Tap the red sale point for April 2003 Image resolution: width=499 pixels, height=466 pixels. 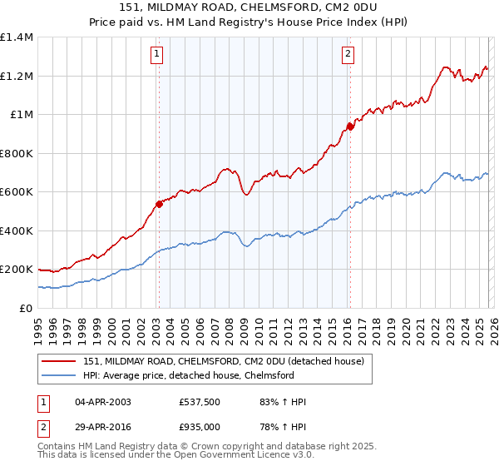(x=158, y=203)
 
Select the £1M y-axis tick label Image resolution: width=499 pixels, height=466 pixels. (x=21, y=115)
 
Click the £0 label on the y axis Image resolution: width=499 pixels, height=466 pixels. (x=25, y=308)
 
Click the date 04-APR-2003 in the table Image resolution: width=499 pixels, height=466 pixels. (x=96, y=402)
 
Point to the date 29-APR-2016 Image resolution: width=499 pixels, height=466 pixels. (x=96, y=426)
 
